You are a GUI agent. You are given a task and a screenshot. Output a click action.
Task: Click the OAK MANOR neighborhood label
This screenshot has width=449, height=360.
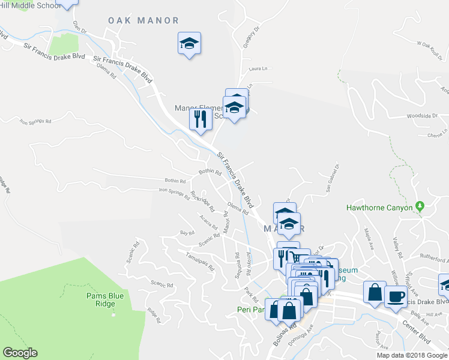143,20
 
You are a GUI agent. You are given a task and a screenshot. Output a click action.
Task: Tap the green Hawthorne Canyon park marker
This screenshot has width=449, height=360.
420,207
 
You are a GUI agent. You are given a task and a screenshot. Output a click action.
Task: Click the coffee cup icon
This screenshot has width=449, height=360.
396,295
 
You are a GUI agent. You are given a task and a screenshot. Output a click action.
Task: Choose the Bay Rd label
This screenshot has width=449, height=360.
187,232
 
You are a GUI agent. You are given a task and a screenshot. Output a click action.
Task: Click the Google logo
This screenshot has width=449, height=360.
20,352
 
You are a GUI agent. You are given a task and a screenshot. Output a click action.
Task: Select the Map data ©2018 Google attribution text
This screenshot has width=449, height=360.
411,355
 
